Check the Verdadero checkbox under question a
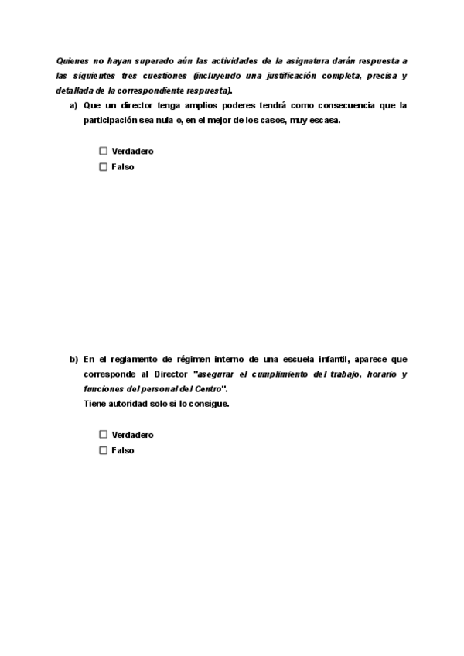coord(103,152)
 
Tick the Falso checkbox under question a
coord(103,167)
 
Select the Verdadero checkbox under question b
coord(103,435)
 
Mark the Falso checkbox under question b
coord(103,451)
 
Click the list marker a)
coord(73,105)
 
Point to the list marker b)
coord(73,359)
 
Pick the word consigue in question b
coord(212,405)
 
